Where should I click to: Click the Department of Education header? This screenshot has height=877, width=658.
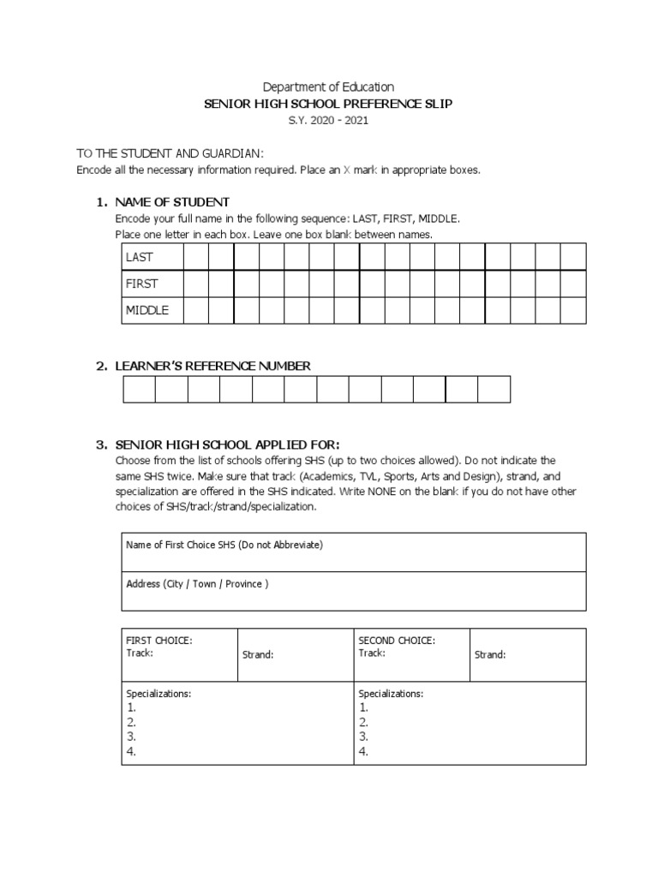(328, 87)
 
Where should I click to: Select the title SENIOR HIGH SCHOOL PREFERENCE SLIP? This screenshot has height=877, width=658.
(328, 104)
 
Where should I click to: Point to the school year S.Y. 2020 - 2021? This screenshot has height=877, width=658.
(328, 121)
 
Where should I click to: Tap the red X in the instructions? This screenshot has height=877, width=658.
(347, 170)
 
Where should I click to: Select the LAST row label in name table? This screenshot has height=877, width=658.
(140, 257)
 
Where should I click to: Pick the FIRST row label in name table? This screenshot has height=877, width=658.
(141, 283)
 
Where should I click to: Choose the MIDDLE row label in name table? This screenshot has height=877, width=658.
(147, 310)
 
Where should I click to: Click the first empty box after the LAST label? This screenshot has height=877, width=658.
(196, 257)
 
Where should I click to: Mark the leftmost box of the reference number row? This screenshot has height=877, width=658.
(140, 390)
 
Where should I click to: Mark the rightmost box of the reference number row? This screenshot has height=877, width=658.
(493, 390)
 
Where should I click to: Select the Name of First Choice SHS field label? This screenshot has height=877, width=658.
(224, 545)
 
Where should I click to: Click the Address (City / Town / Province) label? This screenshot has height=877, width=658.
(197, 584)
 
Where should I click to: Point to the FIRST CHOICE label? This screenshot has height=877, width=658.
(159, 641)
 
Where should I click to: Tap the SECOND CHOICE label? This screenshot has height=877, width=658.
(397, 641)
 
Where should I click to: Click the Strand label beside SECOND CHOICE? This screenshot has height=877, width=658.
(490, 655)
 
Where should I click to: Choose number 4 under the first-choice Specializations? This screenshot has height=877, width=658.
(131, 752)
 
